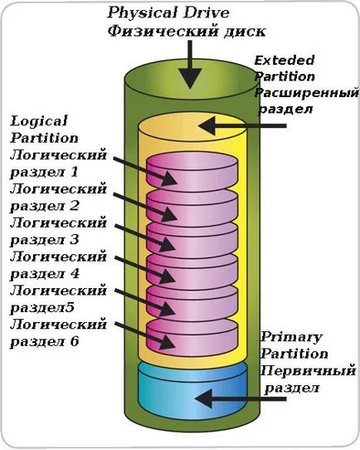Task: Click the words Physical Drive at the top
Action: [x=168, y=13]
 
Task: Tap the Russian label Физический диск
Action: [x=187, y=31]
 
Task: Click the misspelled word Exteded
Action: [x=285, y=61]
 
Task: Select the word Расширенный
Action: [x=307, y=93]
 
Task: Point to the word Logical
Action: [x=39, y=122]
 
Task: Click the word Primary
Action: [x=291, y=337]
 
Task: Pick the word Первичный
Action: [x=308, y=371]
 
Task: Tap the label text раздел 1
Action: [x=44, y=172]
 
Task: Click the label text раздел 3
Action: [x=45, y=240]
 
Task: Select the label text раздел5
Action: [x=42, y=308]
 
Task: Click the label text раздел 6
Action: [x=45, y=341]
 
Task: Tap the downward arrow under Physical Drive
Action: [x=190, y=64]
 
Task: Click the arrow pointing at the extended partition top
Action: [x=242, y=125]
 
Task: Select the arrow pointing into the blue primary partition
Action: [x=241, y=399]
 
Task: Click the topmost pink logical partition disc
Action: [x=192, y=172]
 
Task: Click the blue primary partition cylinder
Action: [x=192, y=390]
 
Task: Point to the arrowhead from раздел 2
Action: [x=169, y=215]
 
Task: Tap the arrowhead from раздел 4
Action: [x=168, y=276]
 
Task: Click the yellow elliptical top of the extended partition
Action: [x=192, y=127]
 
